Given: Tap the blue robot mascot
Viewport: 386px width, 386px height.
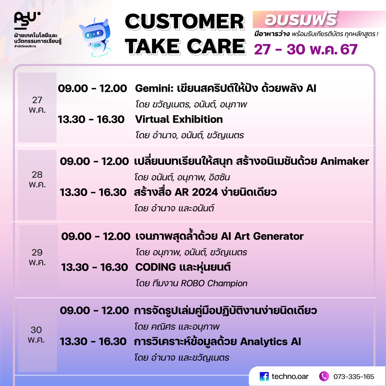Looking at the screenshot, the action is [x=95, y=37].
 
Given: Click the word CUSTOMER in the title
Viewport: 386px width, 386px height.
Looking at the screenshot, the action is [x=185, y=21].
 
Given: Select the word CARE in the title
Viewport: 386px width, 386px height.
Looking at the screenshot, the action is [x=216, y=46].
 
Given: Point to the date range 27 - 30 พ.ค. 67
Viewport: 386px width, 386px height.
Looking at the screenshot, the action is [x=305, y=49].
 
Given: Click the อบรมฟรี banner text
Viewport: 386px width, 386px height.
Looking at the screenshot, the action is [x=300, y=19].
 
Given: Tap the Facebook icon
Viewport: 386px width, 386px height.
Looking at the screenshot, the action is [x=264, y=377].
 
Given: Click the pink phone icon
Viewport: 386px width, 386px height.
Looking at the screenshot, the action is [x=324, y=376].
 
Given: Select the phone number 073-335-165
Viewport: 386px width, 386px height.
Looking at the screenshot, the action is [x=354, y=377].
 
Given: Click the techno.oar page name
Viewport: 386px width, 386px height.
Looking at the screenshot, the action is [x=290, y=377].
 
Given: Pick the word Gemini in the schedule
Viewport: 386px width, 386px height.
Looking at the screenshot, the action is [x=154, y=88].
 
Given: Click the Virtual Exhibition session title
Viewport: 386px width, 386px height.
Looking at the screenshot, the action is [x=179, y=119].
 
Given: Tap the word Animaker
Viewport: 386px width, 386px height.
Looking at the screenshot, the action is [x=345, y=161].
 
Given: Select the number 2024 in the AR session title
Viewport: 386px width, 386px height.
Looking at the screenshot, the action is [x=205, y=192].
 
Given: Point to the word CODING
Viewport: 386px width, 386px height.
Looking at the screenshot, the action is [x=156, y=267].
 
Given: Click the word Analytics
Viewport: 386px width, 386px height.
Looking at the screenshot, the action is [x=263, y=342].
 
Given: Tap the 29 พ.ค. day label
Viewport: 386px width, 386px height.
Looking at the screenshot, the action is [x=37, y=257].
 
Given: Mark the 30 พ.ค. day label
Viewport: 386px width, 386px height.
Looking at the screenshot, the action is [x=36, y=335].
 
